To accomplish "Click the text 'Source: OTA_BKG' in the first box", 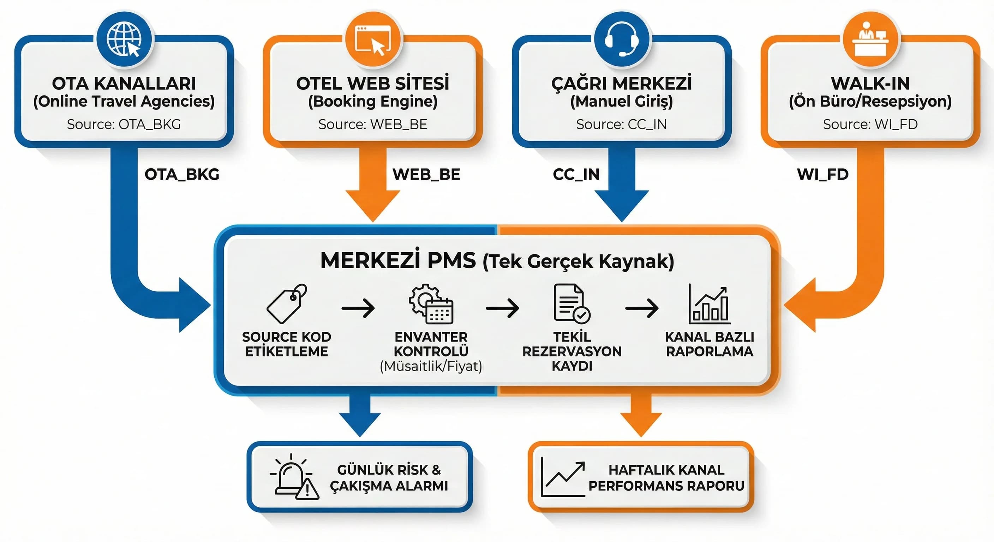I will [124, 124].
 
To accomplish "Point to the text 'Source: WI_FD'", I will [870, 124].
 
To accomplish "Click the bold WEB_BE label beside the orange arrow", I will [426, 174].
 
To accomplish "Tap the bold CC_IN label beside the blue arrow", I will [576, 174].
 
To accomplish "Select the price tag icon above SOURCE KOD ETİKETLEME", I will [287, 304].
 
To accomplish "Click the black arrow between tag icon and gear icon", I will [358, 308].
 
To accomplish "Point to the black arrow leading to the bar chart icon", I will [642, 308].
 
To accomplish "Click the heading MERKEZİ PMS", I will [398, 260].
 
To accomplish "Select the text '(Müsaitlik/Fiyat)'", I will [431, 366].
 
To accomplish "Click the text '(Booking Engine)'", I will [373, 102].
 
